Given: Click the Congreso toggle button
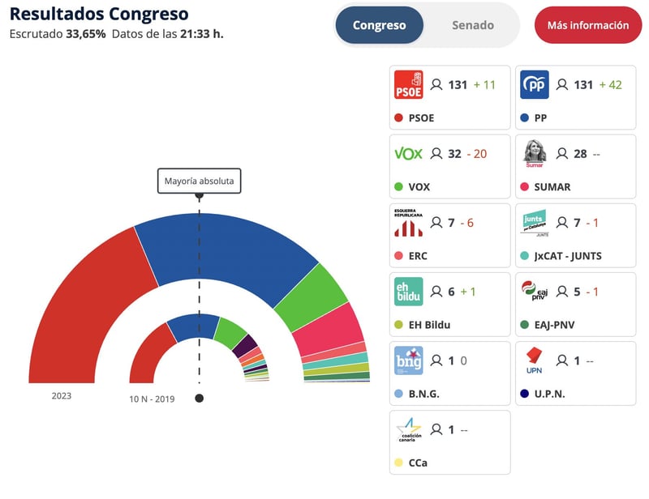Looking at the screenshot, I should (x=379, y=25).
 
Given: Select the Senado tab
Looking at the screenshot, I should (x=472, y=25).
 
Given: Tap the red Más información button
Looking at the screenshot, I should (x=587, y=25).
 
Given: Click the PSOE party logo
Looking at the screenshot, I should (x=408, y=84).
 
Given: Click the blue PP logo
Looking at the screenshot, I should (x=534, y=84).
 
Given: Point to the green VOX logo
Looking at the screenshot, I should (x=408, y=154).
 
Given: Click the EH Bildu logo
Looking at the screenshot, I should (x=408, y=292).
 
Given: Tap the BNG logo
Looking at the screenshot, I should (x=408, y=360).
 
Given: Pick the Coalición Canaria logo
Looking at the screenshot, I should (x=408, y=429).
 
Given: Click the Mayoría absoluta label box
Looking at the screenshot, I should (x=199, y=181).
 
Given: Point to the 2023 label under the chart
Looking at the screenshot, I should (x=62, y=395).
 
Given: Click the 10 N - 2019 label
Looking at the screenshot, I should (x=152, y=399).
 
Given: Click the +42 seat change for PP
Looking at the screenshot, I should (x=610, y=84).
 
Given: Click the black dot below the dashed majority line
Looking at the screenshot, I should (x=199, y=398).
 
